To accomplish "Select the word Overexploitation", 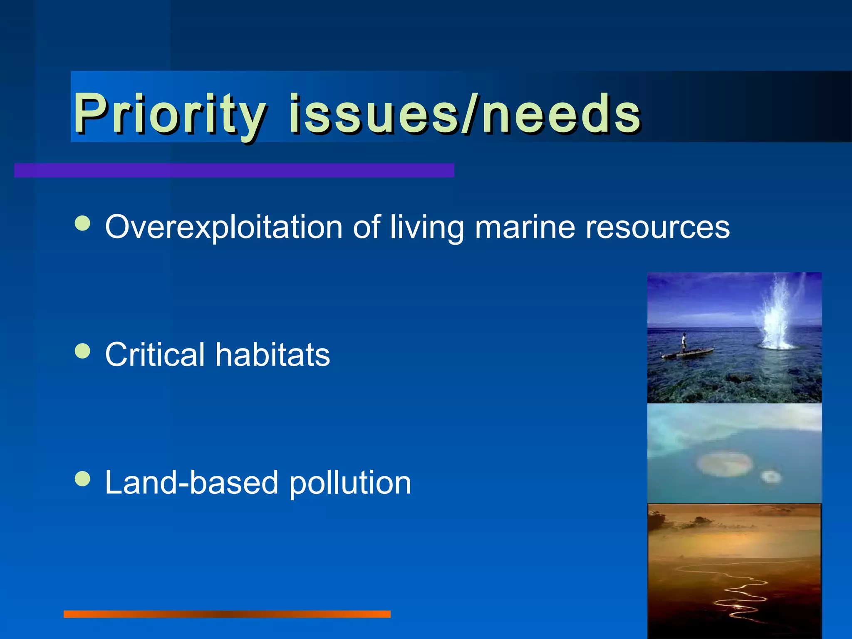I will (223, 227).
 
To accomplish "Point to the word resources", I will (657, 227).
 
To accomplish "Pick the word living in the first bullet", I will (426, 228).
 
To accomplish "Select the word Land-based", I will (191, 482).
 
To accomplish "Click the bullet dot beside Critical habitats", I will (82, 350).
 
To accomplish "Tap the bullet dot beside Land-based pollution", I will (82, 478).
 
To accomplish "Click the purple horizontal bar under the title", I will (234, 170).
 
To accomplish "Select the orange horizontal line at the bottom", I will (227, 614).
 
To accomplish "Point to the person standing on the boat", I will (683, 343).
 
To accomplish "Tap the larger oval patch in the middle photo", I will (724, 463).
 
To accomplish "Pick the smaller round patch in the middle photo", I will (770, 476).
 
